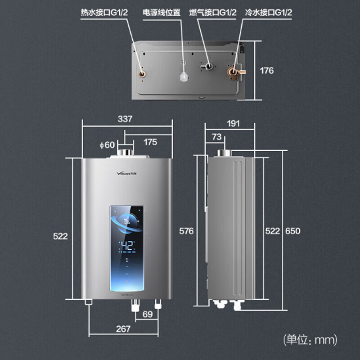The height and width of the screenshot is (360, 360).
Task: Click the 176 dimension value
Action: coord(267,71)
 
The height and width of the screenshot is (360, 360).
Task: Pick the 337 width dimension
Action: coord(125,119)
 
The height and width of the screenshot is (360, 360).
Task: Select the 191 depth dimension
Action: coord(233,123)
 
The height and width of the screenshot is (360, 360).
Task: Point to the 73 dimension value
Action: coord(216,137)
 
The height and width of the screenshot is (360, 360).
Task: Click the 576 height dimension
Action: coord(186,231)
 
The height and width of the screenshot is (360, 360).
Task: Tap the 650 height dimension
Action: coord(292,231)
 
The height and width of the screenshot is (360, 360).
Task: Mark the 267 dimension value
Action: coord(123,328)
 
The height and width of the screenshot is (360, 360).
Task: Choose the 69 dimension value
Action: coord(147,314)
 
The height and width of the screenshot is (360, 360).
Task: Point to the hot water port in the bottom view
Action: coord(142,73)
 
